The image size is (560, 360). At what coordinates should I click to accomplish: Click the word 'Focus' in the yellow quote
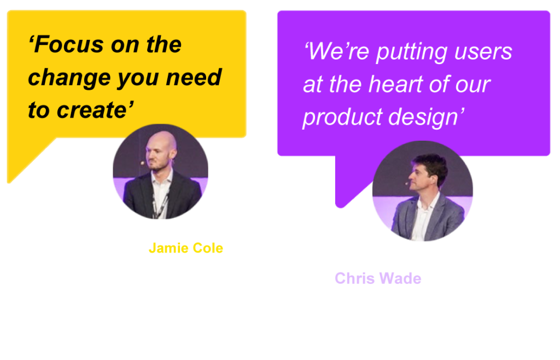pyautogui.click(x=69, y=45)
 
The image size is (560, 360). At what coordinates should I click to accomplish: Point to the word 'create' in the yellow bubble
pyautogui.click(x=91, y=109)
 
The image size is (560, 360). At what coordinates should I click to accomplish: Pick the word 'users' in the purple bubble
pyautogui.click(x=483, y=52)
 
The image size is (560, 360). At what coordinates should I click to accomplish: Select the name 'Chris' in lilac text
pyautogui.click(x=354, y=278)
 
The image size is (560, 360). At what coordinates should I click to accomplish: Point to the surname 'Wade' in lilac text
pyautogui.click(x=400, y=278)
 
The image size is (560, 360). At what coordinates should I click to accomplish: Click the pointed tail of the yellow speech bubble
pyautogui.click(x=10, y=182)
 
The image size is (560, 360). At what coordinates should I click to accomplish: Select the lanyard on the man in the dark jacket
pyautogui.click(x=160, y=204)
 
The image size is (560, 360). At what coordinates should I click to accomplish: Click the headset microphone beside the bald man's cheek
pyautogui.click(x=143, y=163)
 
